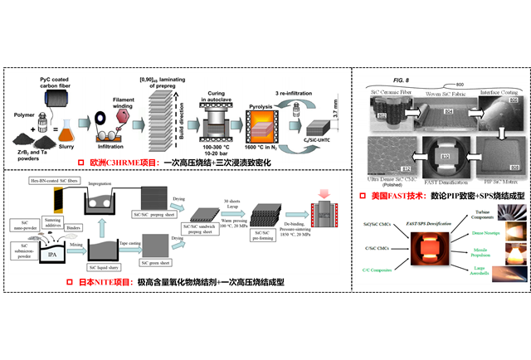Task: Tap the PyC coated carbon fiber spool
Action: [x=56, y=99]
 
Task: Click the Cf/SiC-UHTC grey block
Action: [x=316, y=129]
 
